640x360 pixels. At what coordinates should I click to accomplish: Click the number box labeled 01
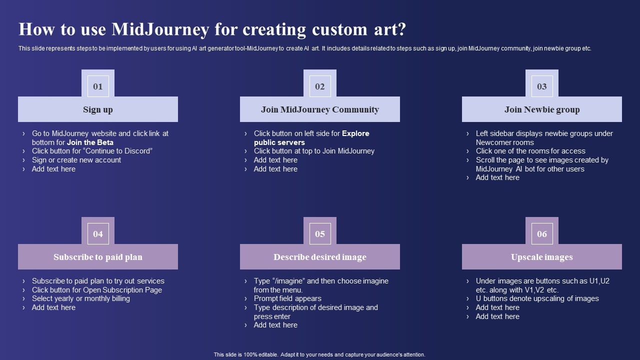98,86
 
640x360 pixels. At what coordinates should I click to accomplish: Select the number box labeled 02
320,86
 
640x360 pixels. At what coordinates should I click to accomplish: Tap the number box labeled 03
542,86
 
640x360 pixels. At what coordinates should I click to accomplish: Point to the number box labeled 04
98,233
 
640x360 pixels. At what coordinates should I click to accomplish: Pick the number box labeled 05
320,233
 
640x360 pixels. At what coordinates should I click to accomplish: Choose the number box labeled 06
542,233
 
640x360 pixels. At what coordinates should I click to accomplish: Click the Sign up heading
98,109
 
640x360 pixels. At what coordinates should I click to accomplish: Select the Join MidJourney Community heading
320,109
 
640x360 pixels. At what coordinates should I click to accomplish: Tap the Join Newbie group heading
542,109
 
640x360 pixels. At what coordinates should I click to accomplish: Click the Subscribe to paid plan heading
98,257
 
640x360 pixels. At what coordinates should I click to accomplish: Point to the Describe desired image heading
320,257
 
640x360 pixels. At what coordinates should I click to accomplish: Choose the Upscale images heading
542,257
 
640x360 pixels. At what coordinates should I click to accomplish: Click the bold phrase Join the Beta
90,142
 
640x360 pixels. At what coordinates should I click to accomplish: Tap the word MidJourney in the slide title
160,29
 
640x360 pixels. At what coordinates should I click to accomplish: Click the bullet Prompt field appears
287,298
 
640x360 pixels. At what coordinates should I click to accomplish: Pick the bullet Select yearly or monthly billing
81,298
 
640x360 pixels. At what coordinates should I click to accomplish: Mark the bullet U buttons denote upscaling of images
537,298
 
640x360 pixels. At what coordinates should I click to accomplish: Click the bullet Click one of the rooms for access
530,151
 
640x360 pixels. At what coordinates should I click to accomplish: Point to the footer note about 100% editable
319,354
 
